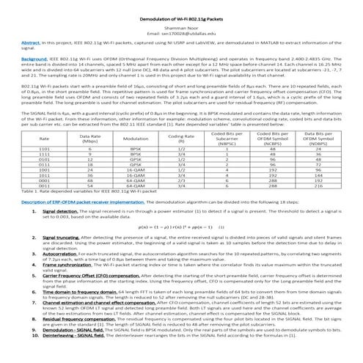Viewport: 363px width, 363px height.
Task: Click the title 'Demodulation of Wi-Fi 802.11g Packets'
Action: click(x=181, y=5)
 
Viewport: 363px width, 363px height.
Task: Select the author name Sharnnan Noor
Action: click(x=181, y=15)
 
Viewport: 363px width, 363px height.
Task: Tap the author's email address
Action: click(x=181, y=23)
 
